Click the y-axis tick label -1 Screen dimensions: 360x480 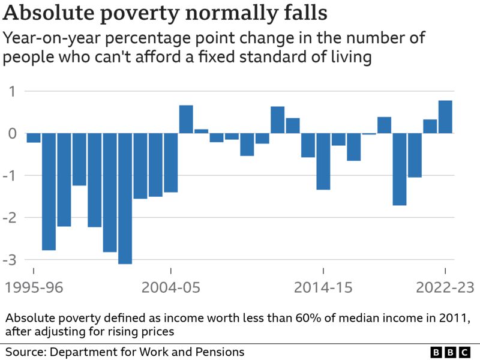[x=10, y=175]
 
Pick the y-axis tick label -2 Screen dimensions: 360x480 [x=10, y=217]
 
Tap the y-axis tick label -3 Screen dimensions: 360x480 [x=10, y=259]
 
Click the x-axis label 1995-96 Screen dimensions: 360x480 [x=34, y=288]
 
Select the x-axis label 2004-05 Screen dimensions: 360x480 [x=171, y=288]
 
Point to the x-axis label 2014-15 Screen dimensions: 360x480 [x=323, y=288]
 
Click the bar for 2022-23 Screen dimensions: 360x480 [x=445, y=117]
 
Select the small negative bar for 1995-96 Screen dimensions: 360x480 [x=34, y=137]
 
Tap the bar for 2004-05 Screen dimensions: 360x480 [x=171, y=162]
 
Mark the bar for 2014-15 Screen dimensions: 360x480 [x=323, y=161]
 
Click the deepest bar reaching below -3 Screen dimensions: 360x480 [x=125, y=198]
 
